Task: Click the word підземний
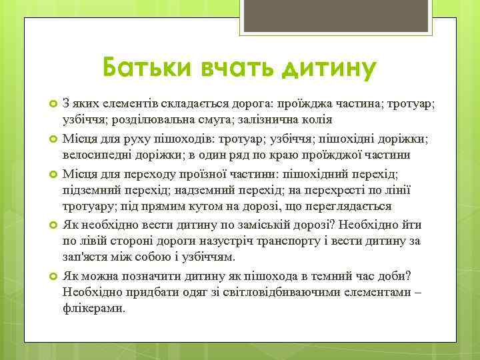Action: (x=90, y=189)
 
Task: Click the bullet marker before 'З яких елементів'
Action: (x=52, y=105)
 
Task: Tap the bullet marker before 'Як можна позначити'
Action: (x=52, y=276)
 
